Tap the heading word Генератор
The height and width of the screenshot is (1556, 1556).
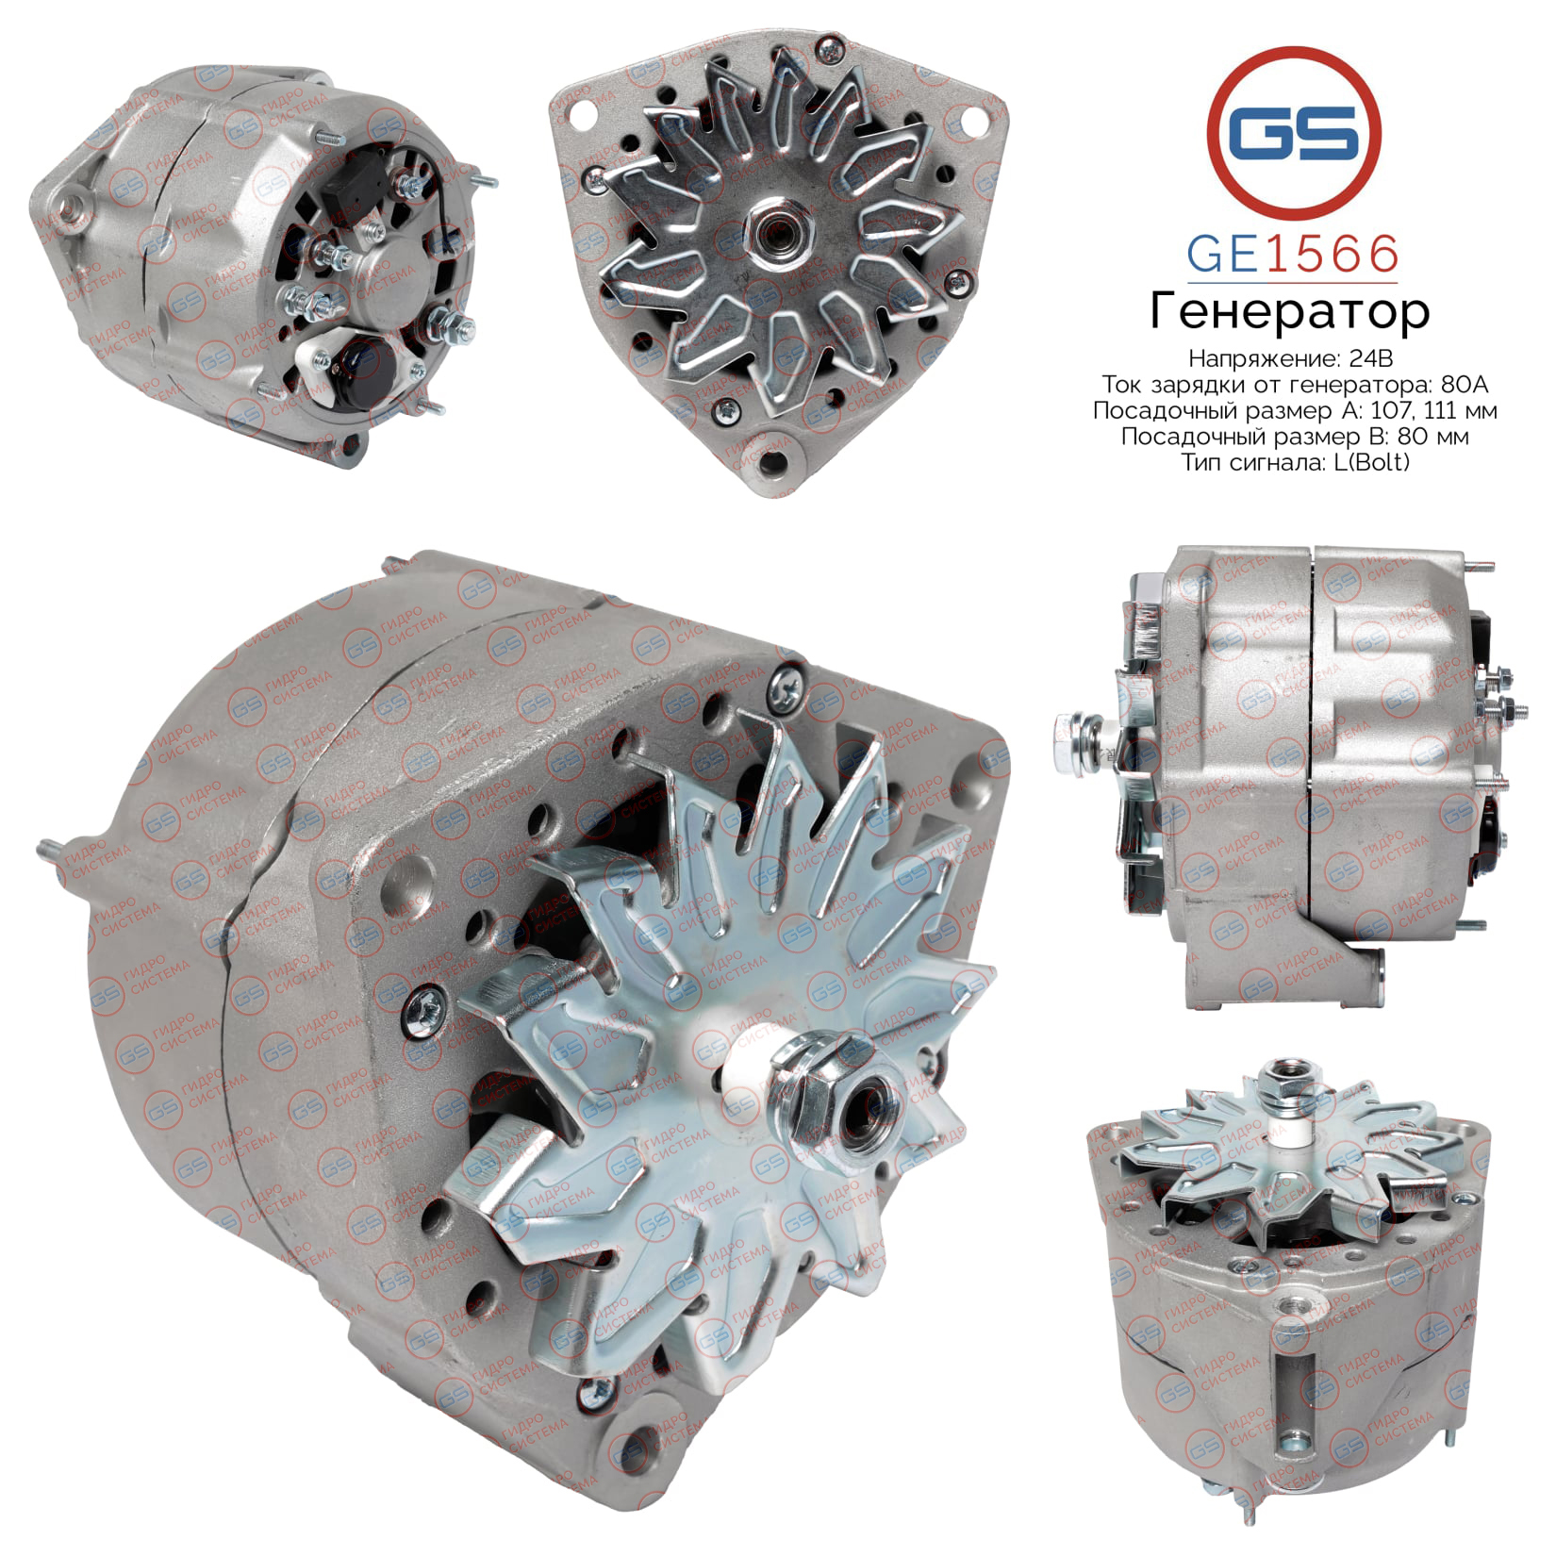click(1290, 312)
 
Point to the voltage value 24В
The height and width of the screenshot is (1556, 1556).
click(1371, 359)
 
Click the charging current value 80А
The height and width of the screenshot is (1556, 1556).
click(1467, 385)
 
